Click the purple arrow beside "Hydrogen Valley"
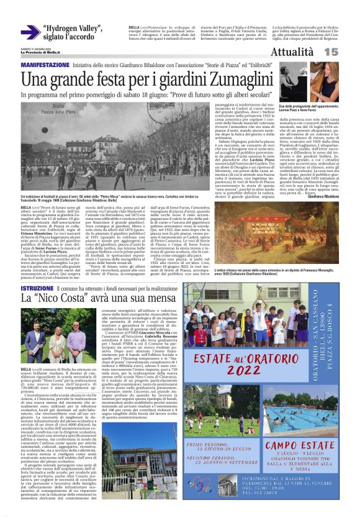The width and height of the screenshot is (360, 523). (x=30, y=32)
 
